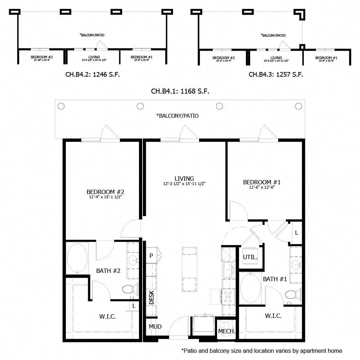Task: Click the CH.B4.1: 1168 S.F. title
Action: [180, 91]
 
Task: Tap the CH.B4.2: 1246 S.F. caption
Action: [92, 75]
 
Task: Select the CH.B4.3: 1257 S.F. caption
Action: [276, 75]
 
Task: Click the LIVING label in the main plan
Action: [184, 179]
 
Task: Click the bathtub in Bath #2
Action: [77, 258]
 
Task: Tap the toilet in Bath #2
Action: [129, 289]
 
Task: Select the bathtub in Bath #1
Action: [251, 288]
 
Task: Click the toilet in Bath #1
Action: [292, 294]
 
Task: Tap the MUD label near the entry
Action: [155, 327]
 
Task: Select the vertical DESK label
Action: [152, 297]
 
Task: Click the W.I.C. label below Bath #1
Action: [273, 316]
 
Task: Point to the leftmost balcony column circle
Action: [61, 106]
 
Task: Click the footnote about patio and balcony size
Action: [261, 351]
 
